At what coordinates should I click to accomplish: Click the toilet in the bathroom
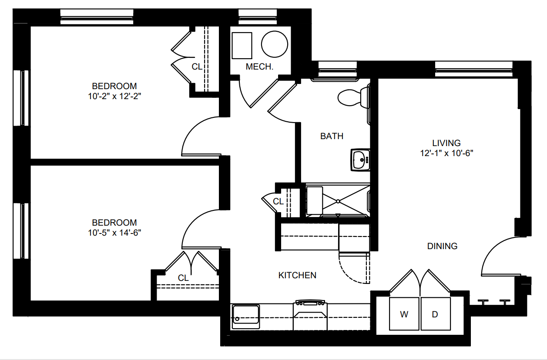tap(354, 97)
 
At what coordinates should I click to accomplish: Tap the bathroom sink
tap(360, 160)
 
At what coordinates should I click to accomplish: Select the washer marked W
tap(404, 313)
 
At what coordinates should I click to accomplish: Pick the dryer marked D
tap(436, 313)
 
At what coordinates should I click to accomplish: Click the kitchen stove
tap(310, 315)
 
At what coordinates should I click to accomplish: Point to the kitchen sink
tap(245, 317)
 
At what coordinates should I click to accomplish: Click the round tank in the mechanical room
tap(275, 44)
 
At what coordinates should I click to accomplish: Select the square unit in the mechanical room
tap(242, 46)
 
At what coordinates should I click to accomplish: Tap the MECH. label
tap(259, 67)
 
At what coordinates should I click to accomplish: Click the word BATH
tap(332, 136)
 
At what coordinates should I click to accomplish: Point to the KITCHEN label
tap(297, 275)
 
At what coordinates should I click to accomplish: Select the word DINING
tap(442, 246)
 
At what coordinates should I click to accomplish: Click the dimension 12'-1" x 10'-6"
tap(446, 153)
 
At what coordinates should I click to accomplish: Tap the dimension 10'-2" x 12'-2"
tap(114, 97)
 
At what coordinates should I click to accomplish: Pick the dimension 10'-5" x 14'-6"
tap(114, 233)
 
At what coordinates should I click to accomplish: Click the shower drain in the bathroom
tap(338, 201)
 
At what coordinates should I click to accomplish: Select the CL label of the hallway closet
tap(278, 201)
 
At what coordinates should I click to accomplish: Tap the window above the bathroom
tap(338, 69)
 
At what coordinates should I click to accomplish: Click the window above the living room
tap(474, 69)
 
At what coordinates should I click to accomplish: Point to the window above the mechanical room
tap(258, 17)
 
